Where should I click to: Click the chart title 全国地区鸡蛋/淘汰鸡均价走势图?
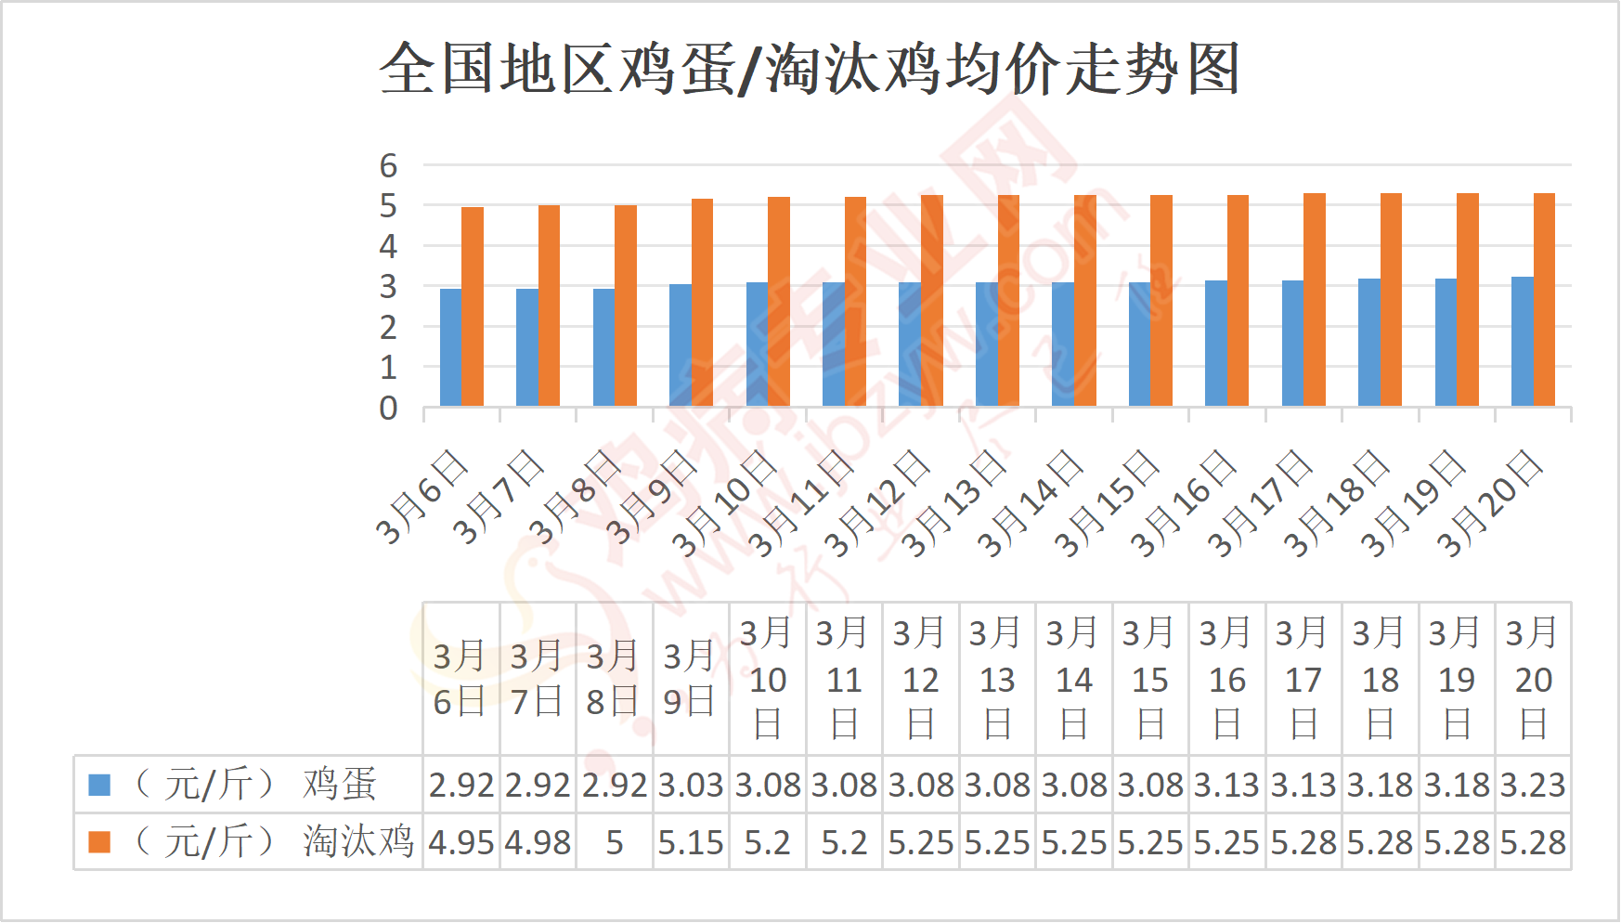(810, 69)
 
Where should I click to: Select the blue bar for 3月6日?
(450, 347)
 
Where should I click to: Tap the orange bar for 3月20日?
(1544, 299)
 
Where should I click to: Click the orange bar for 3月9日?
(702, 302)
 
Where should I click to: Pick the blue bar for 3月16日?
(1215, 343)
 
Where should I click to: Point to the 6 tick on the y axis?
(388, 166)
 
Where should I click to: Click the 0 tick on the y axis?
(388, 409)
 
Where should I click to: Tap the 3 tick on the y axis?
(388, 287)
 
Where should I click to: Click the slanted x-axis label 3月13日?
(953, 503)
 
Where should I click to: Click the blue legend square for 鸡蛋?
(99, 786)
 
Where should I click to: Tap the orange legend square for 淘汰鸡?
(99, 842)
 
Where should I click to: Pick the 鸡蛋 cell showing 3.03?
(691, 786)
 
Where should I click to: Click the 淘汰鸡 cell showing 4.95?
(461, 843)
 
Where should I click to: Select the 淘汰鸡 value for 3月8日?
(614, 843)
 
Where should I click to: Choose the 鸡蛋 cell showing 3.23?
(1533, 786)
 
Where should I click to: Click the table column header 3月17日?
(1303, 679)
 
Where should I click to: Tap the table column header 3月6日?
(460, 679)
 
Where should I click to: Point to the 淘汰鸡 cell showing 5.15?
(691, 843)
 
